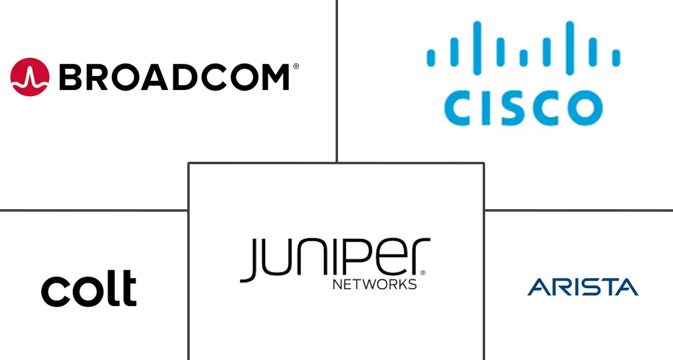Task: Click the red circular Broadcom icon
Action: (x=30, y=77)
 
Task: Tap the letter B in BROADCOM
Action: (x=71, y=78)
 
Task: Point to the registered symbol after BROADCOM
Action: (x=296, y=66)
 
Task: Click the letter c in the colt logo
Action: (x=54, y=291)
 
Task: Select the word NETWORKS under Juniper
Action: (x=374, y=284)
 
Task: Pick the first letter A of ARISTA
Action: (x=537, y=287)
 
